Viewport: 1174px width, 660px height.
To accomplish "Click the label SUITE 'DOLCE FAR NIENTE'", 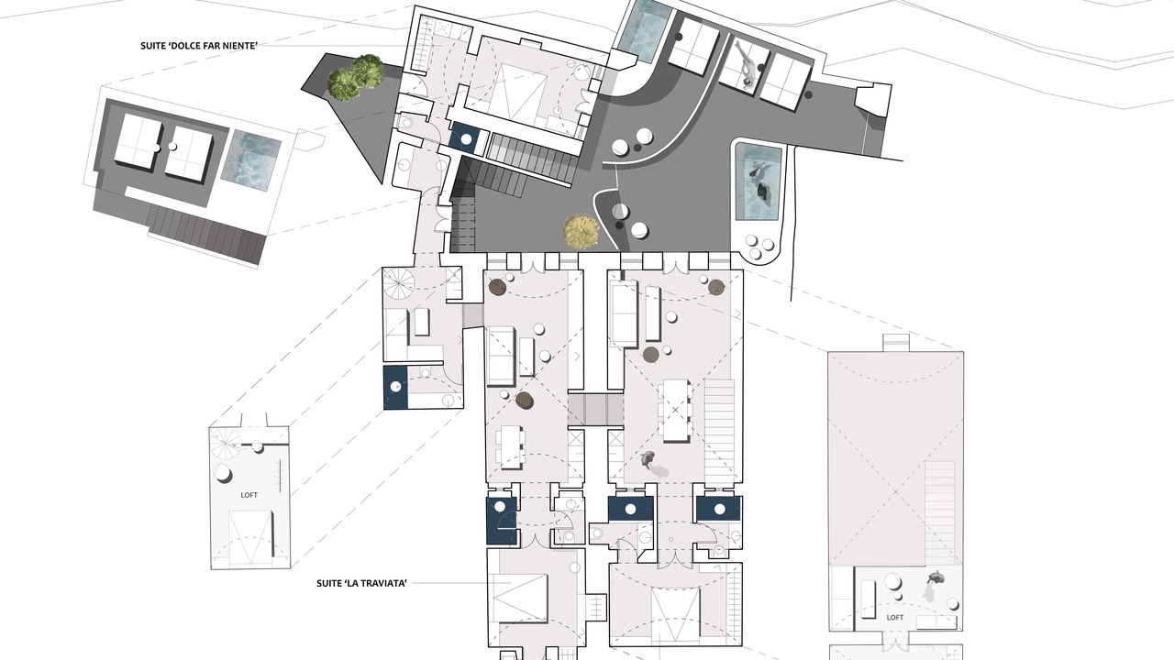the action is pos(199,46).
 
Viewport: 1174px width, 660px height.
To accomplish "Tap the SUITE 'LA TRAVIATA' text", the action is pos(361,583).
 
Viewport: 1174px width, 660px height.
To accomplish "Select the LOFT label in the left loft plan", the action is pos(249,495).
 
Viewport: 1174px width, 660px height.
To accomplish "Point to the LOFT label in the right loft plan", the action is pos(894,618).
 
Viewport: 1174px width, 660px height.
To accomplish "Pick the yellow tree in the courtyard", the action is pos(581,231).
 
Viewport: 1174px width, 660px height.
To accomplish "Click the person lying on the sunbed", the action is pos(746,64).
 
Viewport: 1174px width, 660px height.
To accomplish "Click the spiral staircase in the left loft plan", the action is pos(226,444).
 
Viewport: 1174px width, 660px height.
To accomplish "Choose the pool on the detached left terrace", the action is pos(251,156).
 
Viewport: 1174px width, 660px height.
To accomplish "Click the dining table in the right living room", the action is pos(675,411).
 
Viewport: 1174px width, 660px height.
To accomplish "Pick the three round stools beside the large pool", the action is pos(759,247).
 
